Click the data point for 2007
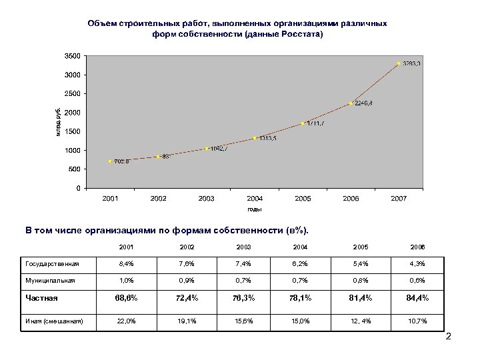coord(399,63)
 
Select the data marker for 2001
coord(111,161)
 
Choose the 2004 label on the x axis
coord(255,199)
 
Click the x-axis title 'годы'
coord(255,209)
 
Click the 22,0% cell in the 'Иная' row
coord(126,323)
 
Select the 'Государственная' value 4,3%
coord(418,263)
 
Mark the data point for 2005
coord(303,123)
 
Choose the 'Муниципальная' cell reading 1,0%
coord(126,281)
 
